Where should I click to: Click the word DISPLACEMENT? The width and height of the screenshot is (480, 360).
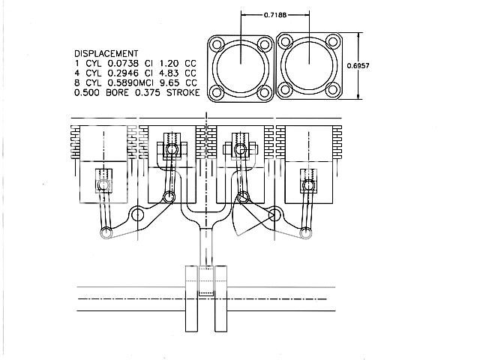click(x=106, y=53)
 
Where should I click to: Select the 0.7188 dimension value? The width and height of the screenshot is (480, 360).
click(x=275, y=15)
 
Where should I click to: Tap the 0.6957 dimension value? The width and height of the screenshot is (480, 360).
click(x=358, y=65)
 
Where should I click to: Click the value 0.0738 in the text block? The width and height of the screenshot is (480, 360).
click(x=123, y=63)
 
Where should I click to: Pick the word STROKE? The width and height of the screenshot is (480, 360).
click(x=183, y=92)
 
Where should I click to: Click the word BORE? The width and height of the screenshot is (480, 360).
click(x=117, y=92)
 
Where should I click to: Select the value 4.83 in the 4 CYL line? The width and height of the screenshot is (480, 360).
click(x=169, y=73)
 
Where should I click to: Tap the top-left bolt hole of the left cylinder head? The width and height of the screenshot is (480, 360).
click(x=217, y=44)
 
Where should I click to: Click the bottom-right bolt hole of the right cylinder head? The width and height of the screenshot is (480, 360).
click(x=331, y=90)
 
